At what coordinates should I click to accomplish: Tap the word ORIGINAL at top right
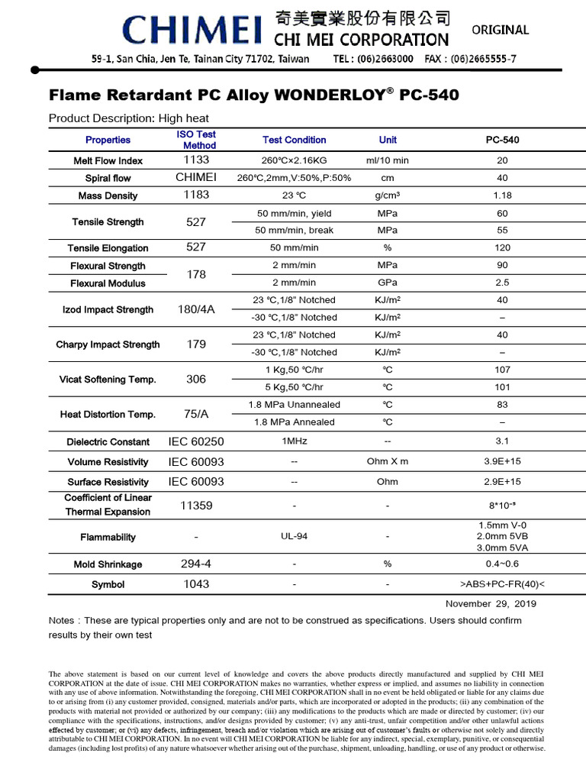point(501,30)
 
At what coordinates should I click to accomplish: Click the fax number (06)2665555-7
point(470,59)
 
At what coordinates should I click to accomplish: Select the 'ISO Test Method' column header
point(196,140)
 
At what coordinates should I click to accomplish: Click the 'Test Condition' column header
point(294,140)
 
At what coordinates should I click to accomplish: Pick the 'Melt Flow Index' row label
point(108,160)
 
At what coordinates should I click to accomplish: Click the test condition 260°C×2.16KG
point(294,160)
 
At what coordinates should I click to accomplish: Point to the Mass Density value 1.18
point(502,195)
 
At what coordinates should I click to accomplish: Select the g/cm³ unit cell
point(388,195)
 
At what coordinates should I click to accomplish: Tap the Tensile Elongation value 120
point(502,247)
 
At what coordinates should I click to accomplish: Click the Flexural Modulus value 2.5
point(502,283)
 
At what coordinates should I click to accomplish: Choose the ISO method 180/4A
point(196,309)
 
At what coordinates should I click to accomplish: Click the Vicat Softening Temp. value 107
point(502,370)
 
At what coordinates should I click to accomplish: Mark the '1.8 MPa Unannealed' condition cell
point(294,405)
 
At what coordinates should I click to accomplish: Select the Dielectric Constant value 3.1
point(502,441)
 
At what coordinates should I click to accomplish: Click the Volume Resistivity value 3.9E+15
point(502,461)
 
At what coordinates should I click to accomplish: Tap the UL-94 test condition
point(294,537)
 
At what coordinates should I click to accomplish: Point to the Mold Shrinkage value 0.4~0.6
point(502,564)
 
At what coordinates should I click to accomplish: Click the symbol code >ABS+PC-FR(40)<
point(502,584)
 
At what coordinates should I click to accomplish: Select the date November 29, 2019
point(491,603)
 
